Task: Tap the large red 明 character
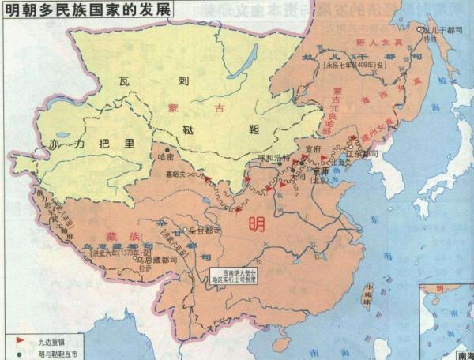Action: click(258, 223)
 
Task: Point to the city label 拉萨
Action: click(143, 268)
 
